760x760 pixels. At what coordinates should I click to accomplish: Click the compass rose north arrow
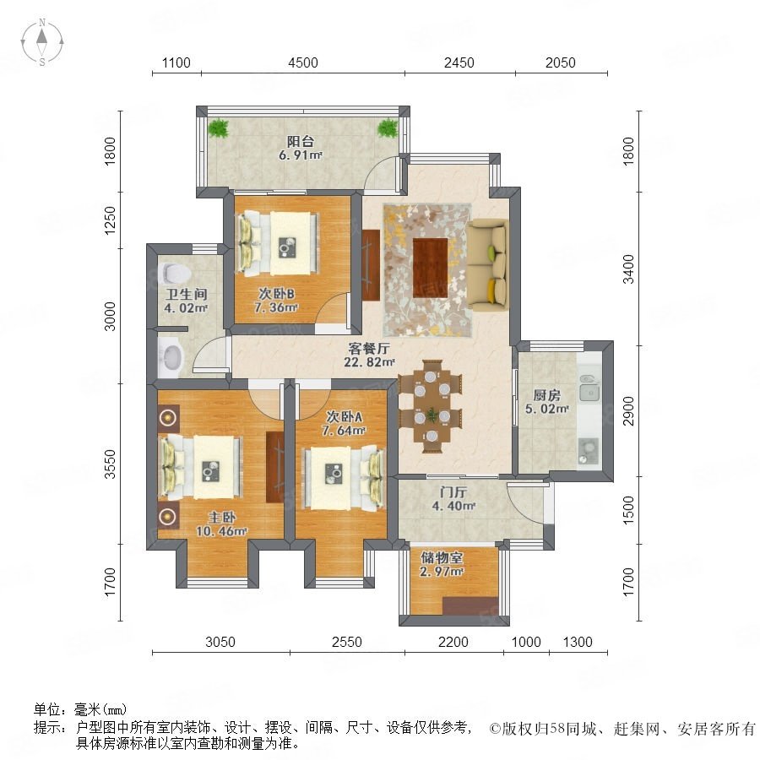(42, 35)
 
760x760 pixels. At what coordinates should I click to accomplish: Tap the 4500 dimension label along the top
(303, 62)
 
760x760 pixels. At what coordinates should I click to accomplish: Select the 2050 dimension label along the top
(561, 62)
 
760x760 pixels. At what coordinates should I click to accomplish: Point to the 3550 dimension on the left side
(111, 464)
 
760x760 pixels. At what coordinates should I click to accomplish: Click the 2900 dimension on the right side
(628, 410)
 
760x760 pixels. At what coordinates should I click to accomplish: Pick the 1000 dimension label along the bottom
(526, 642)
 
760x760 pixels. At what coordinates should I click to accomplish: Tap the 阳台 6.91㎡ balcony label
(301, 148)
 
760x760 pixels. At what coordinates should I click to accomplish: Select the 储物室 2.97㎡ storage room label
(442, 564)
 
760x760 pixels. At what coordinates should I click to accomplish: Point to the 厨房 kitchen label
(546, 394)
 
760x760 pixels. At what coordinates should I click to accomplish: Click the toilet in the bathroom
(174, 274)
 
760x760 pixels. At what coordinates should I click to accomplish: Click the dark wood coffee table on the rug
(430, 268)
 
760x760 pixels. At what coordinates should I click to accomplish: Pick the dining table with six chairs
(431, 406)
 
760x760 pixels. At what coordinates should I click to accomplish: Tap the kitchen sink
(589, 392)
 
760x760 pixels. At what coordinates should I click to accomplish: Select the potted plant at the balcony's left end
(218, 128)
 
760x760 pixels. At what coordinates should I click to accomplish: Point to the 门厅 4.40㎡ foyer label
(453, 499)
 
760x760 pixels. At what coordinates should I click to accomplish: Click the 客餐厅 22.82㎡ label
(369, 355)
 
